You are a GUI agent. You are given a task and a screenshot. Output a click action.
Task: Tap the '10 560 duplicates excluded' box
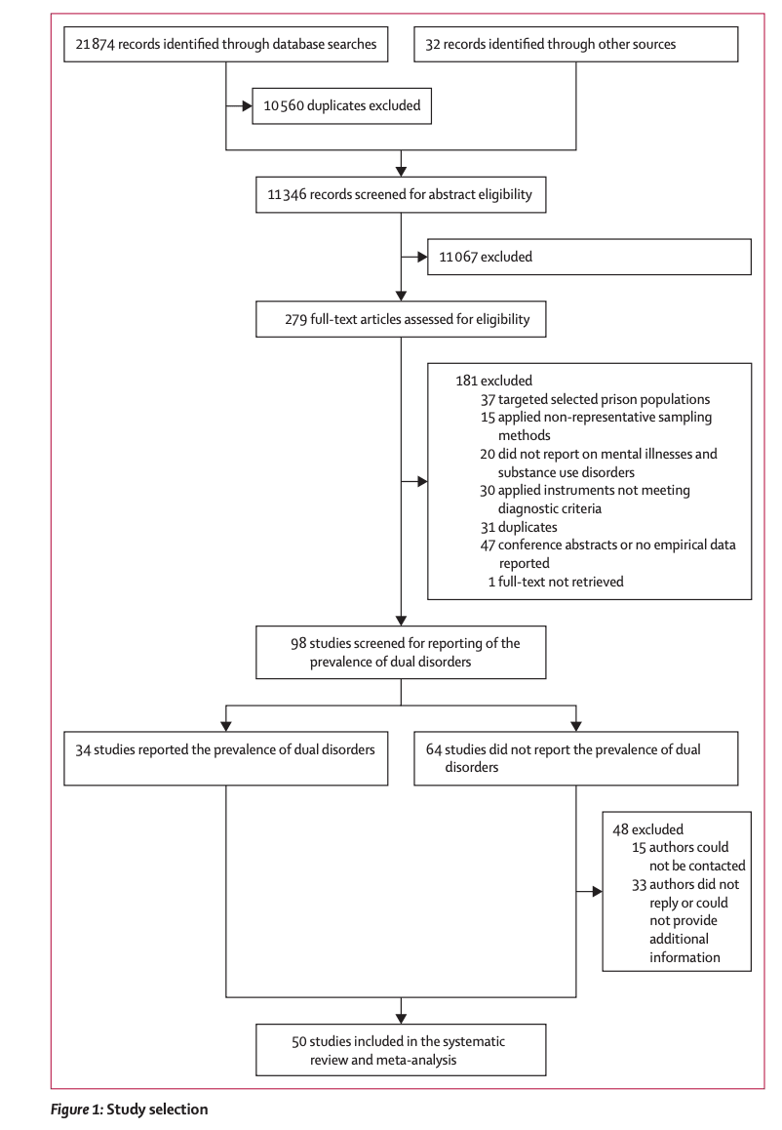coord(341,105)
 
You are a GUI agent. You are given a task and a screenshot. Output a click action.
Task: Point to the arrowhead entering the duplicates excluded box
coord(247,105)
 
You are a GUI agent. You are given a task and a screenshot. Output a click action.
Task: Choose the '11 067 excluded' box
coord(589,258)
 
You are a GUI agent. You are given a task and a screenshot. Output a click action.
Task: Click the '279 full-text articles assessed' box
coord(400,319)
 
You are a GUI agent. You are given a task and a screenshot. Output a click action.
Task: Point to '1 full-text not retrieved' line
coord(555,582)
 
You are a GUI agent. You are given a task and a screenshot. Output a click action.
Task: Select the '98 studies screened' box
coord(400,652)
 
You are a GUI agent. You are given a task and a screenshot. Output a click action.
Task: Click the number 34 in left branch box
coord(84,749)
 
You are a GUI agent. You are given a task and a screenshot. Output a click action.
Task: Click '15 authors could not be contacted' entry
coord(686,856)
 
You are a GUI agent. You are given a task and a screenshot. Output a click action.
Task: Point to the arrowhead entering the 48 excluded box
coord(596,891)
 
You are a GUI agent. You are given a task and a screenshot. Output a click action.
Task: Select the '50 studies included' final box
coord(400,1049)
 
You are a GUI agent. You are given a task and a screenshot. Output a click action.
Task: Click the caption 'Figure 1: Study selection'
coord(129,1110)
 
